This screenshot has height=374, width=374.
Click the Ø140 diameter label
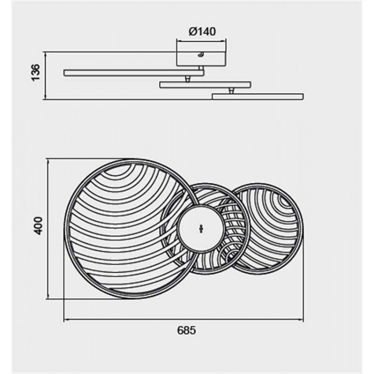tap(202, 32)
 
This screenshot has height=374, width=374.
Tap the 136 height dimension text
tap(36, 73)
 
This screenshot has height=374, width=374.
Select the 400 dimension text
tap(38, 225)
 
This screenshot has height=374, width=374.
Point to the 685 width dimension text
tap(186, 330)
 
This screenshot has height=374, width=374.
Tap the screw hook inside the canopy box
tap(200, 55)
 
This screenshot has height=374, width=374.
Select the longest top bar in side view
tap(134, 73)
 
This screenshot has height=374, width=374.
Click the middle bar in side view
tap(205, 84)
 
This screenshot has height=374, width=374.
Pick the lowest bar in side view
tap(258, 96)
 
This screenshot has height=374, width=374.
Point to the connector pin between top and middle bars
tap(188, 79)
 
